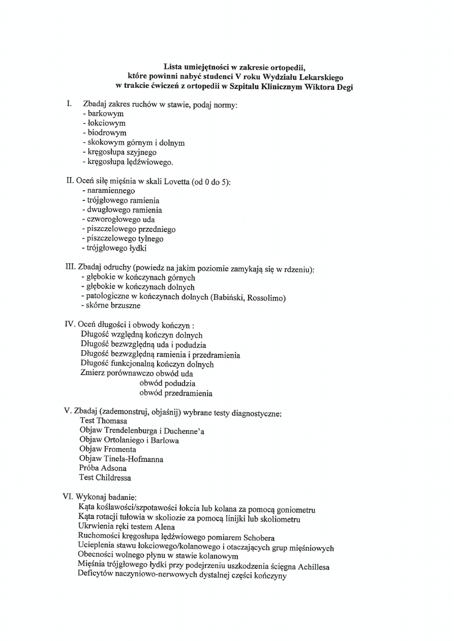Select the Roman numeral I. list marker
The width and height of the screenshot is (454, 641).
(x=69, y=104)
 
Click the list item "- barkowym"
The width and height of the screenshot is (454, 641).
(x=103, y=114)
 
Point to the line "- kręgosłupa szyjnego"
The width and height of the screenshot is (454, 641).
(x=119, y=152)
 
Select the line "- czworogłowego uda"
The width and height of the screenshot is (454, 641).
(x=118, y=220)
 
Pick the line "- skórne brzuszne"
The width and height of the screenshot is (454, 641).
(x=110, y=306)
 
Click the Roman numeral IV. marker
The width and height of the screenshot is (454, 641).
(x=70, y=325)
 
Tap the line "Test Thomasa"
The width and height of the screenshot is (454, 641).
(x=104, y=421)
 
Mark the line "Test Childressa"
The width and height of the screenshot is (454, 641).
(x=105, y=478)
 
